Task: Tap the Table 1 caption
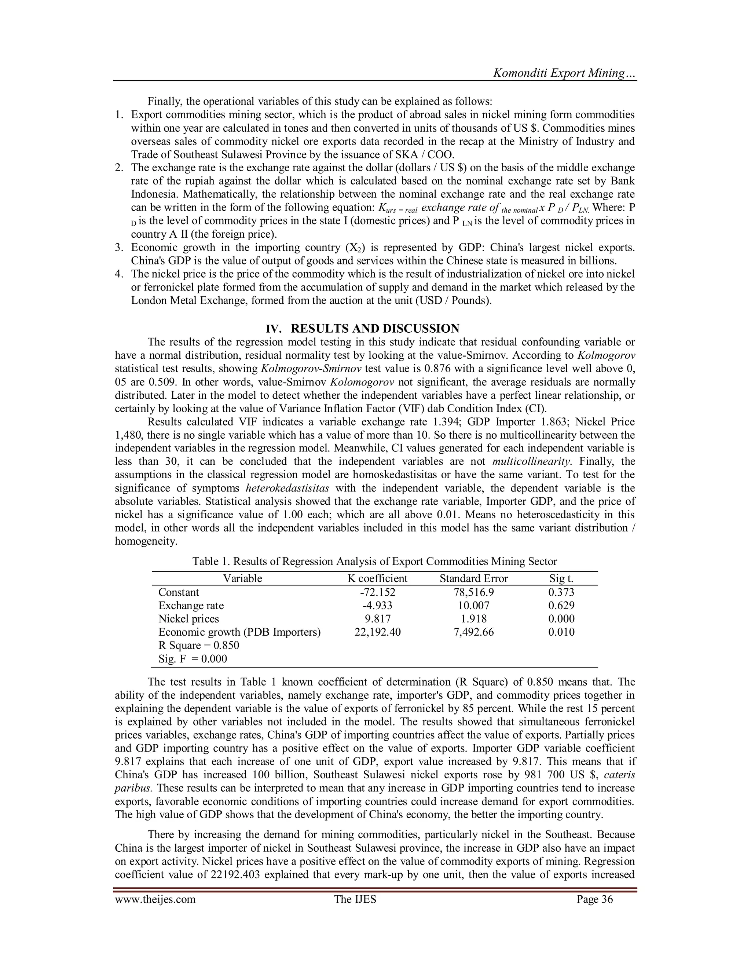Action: point(375,561)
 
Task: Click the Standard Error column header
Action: point(473,578)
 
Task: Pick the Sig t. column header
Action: point(561,578)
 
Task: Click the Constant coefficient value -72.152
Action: point(377,592)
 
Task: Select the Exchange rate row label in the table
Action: point(191,606)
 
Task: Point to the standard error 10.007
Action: point(473,606)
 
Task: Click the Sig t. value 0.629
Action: point(561,606)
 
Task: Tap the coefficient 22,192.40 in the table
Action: point(377,632)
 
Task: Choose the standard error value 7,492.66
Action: point(473,632)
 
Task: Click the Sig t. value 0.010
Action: point(561,632)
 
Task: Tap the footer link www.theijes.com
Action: point(155,899)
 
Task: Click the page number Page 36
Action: point(594,899)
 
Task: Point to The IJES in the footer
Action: point(355,899)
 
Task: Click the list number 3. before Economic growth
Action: point(118,248)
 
